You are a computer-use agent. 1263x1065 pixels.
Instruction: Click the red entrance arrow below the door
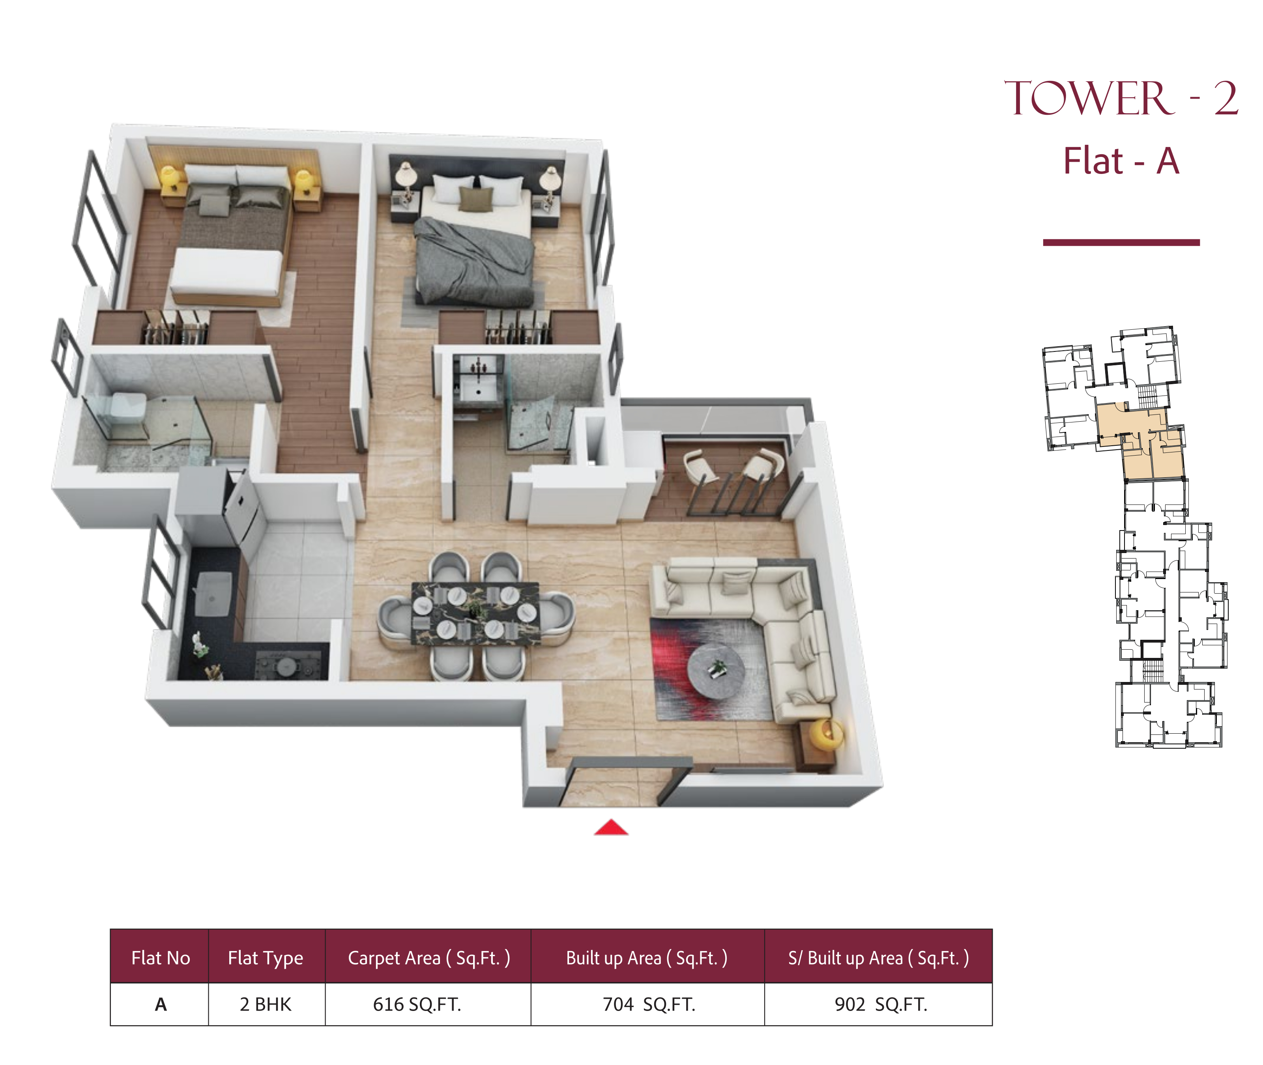coord(611,828)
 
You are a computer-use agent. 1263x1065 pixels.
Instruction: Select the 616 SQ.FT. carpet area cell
coord(417,1004)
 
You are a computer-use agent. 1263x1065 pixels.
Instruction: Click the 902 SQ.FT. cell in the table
coord(880,1004)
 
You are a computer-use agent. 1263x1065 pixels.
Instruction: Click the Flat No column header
coord(160,958)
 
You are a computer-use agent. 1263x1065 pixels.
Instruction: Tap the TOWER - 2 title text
coord(1121,98)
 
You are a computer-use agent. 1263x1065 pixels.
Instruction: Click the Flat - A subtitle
coord(1121,161)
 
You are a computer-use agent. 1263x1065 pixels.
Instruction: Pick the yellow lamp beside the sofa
coord(826,733)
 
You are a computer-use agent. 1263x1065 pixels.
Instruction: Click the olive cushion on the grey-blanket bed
coord(475,199)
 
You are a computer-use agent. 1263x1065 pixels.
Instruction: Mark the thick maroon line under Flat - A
coord(1121,243)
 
